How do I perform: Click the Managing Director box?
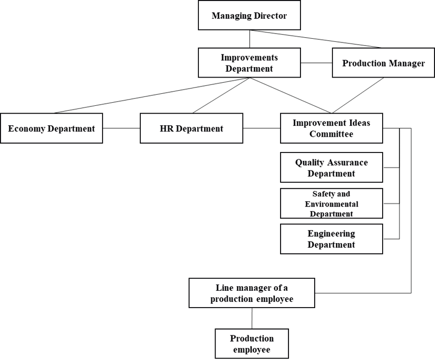click(249, 16)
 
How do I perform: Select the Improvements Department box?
click(249, 63)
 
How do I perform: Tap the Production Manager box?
click(383, 63)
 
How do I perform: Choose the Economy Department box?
click(51, 128)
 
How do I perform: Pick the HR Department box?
click(191, 128)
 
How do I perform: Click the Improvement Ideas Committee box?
click(331, 128)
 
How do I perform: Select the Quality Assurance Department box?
click(331, 168)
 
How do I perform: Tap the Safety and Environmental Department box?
click(331, 203)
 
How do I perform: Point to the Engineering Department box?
click(331, 239)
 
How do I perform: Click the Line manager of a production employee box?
click(252, 293)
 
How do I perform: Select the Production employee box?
click(252, 344)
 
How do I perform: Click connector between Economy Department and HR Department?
click(121, 128)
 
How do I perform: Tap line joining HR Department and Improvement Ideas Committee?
click(261, 128)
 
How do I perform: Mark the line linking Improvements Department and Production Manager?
click(316, 63)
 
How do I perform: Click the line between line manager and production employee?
click(252, 318)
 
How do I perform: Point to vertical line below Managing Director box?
click(249, 38)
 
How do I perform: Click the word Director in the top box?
click(270, 16)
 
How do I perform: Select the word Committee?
click(331, 134)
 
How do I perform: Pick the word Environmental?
click(331, 204)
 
